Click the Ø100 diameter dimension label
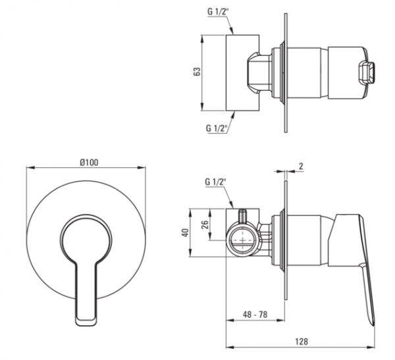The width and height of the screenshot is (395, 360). click(x=89, y=163)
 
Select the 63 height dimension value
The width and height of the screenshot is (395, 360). click(x=197, y=72)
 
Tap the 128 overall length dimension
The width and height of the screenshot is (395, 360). click(x=302, y=342)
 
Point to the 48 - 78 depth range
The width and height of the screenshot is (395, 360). click(x=255, y=315)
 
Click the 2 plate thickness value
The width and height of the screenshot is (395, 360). click(x=301, y=167)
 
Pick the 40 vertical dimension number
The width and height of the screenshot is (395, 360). click(x=185, y=232)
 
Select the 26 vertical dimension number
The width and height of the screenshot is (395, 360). click(x=205, y=224)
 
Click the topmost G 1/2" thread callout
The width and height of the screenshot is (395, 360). click(x=217, y=12)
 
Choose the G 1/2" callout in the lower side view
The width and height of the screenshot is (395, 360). click(x=215, y=182)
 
